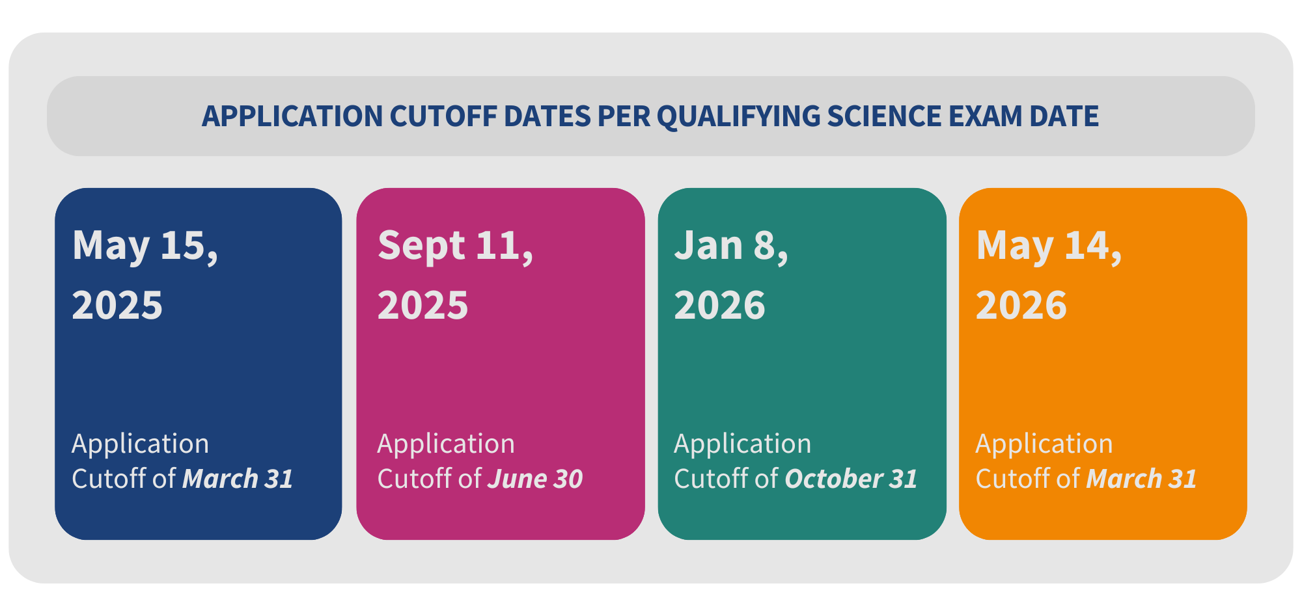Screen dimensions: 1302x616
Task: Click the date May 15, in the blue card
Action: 145,247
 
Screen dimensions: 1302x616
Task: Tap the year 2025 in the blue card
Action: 117,305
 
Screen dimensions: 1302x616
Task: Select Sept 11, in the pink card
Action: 456,247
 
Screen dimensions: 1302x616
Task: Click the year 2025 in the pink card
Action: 423,305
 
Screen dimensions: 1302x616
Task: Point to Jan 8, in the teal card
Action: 731,247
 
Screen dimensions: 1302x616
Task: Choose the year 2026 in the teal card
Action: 719,305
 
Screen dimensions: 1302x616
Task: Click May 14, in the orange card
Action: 1049,247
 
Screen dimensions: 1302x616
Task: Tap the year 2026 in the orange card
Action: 1021,305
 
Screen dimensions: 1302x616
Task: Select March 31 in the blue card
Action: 238,479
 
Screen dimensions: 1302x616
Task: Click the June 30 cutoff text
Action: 535,479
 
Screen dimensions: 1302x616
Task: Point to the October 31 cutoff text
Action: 852,479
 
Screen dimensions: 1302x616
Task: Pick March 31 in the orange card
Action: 1142,479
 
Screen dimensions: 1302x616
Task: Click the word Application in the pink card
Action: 446,444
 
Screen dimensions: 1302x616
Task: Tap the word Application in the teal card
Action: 743,444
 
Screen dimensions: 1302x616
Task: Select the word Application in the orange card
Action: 1044,444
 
